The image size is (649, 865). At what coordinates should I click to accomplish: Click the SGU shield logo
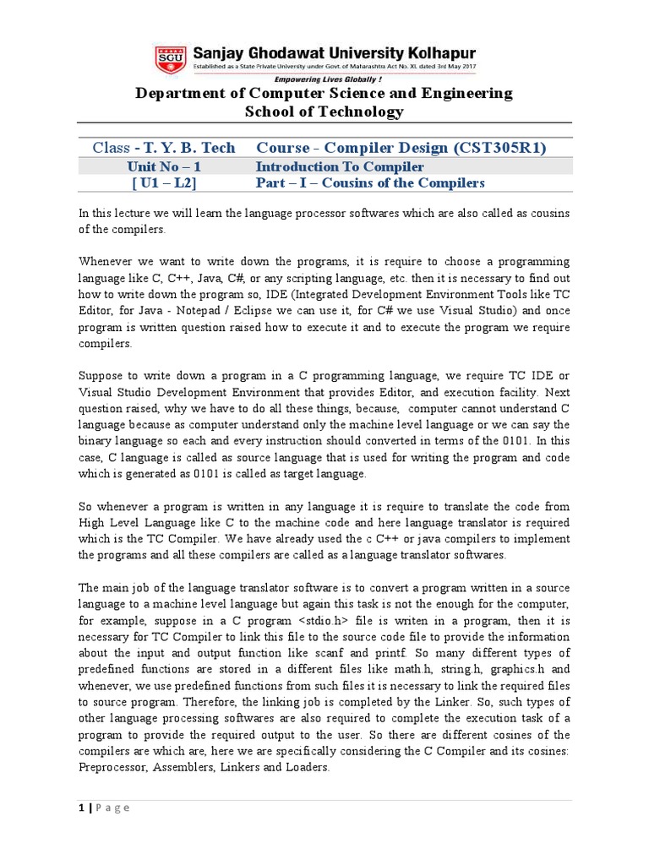point(172,58)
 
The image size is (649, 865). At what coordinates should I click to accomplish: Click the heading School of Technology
point(324,112)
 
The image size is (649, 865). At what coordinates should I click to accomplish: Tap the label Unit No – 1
point(164,167)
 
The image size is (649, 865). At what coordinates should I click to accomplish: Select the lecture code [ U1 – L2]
point(164,182)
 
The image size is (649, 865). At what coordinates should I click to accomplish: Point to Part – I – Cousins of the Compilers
point(370,182)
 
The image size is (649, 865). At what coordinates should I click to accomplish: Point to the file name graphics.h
point(514,668)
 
